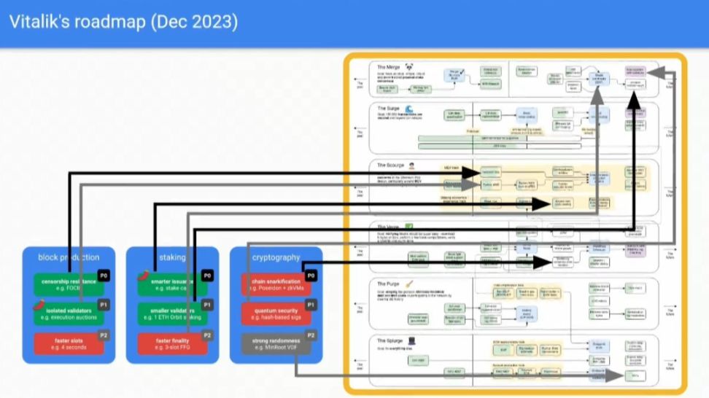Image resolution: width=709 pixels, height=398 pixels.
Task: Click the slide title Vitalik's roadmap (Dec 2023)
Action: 123,22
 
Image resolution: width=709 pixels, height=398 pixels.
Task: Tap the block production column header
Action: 69,257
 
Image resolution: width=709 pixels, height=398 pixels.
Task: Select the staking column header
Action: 172,257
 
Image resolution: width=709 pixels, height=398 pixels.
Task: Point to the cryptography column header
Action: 276,257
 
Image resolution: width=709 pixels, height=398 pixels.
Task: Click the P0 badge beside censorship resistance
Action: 104,276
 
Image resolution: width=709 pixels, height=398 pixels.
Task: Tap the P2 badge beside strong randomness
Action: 311,335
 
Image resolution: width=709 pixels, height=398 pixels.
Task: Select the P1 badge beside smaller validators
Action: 207,305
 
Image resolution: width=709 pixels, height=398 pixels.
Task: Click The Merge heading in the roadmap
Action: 389,67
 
